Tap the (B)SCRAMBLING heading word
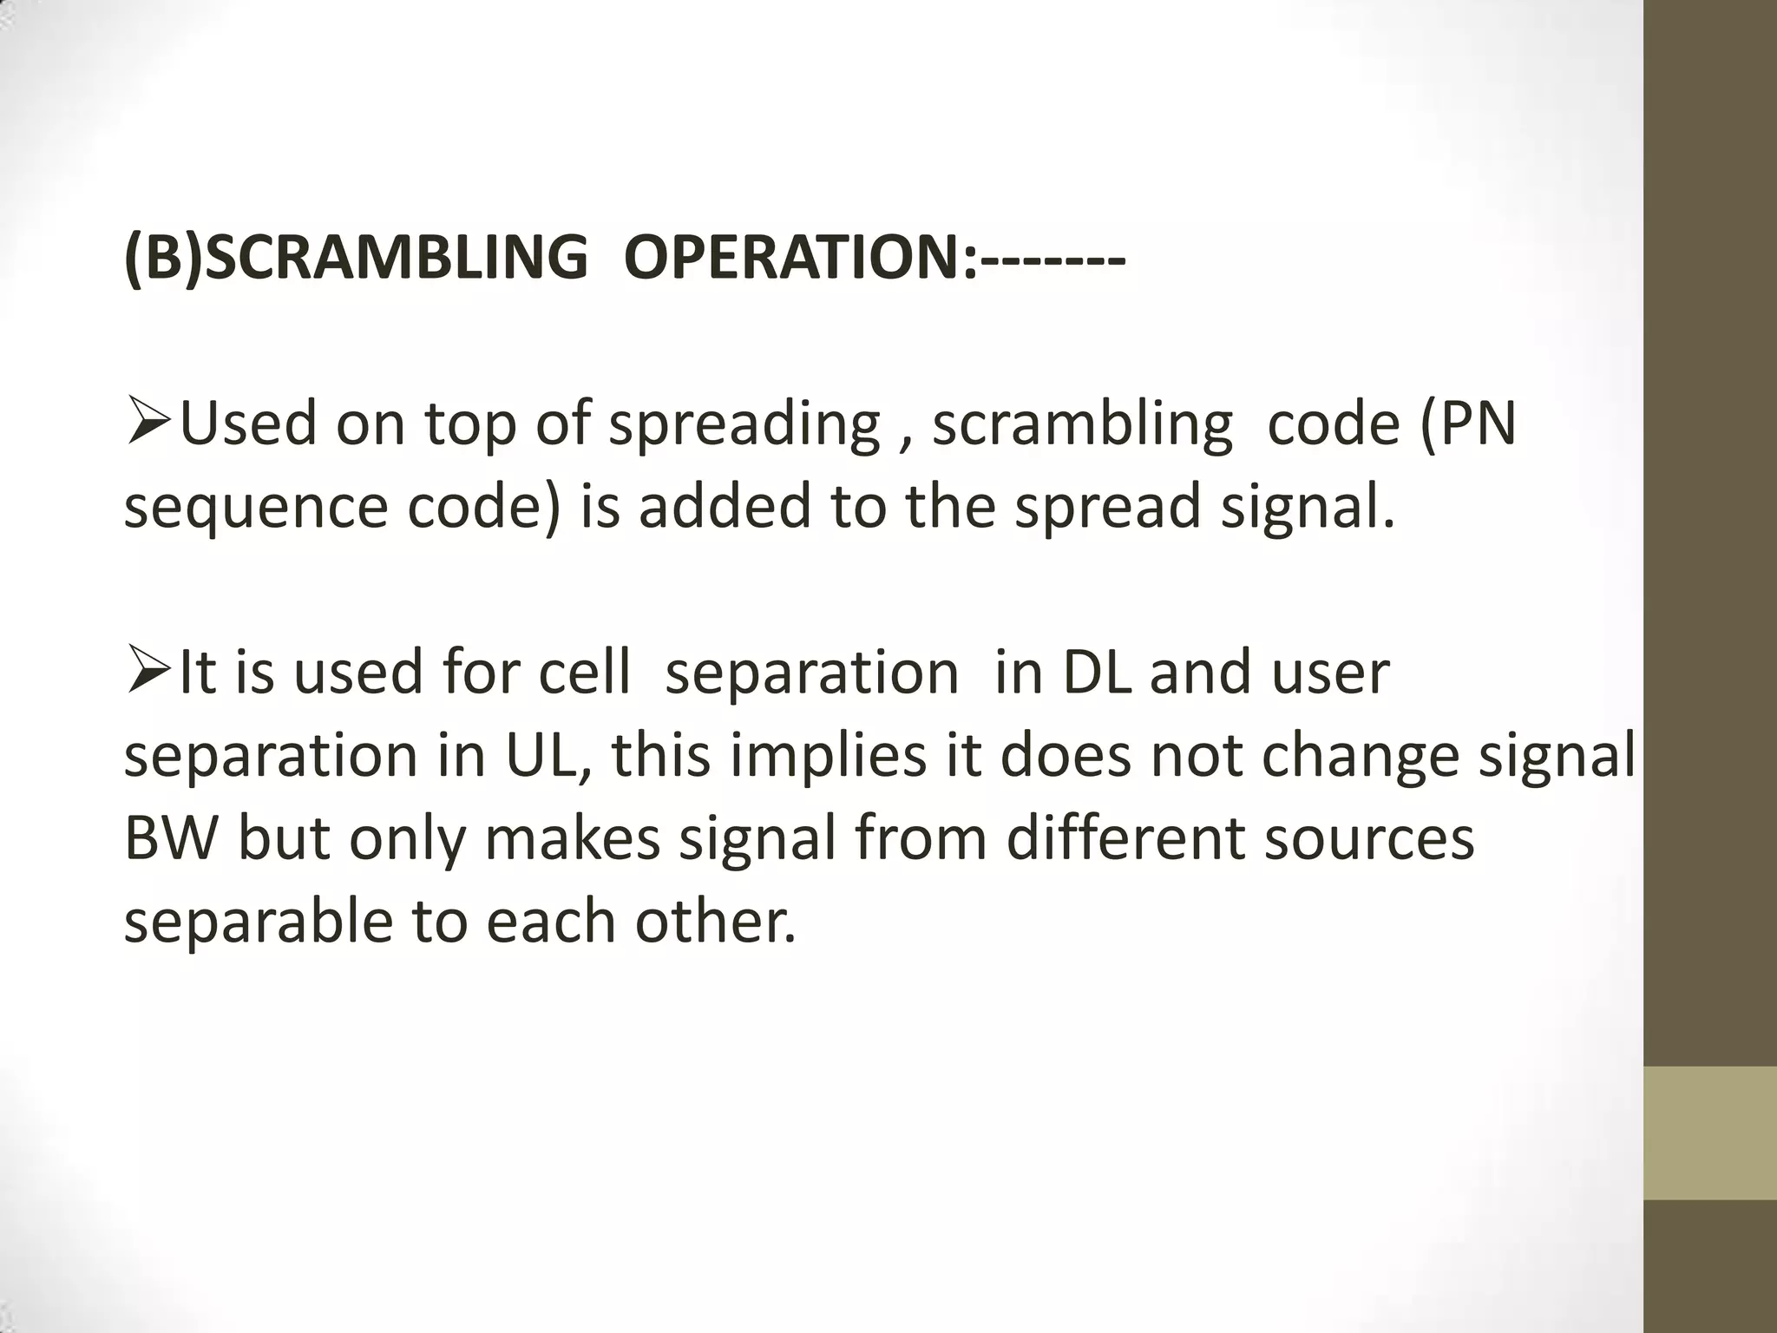(x=356, y=258)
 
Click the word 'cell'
(x=584, y=673)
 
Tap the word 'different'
(x=1125, y=838)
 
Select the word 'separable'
(x=259, y=922)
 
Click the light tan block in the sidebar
(x=1710, y=1133)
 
